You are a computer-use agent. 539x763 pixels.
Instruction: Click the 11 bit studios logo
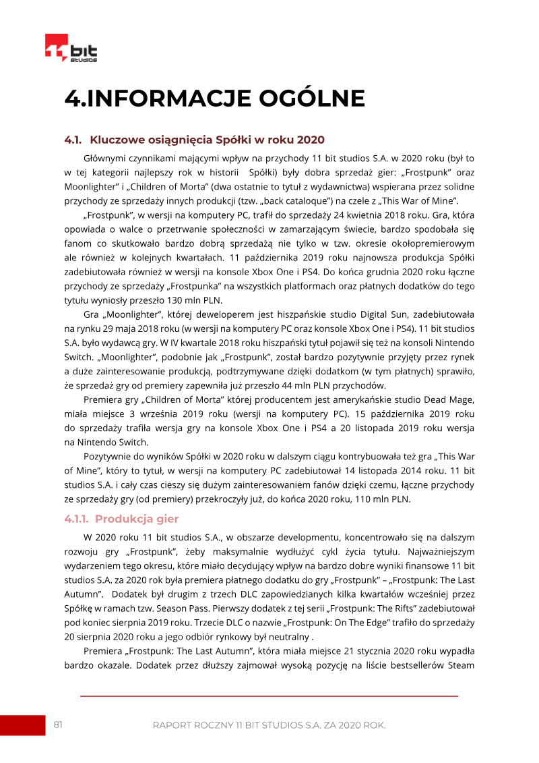[x=71, y=48]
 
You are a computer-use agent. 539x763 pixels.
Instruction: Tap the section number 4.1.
[x=73, y=140]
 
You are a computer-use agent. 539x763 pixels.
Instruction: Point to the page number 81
[x=58, y=725]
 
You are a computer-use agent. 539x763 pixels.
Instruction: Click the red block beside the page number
[x=22, y=725]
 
